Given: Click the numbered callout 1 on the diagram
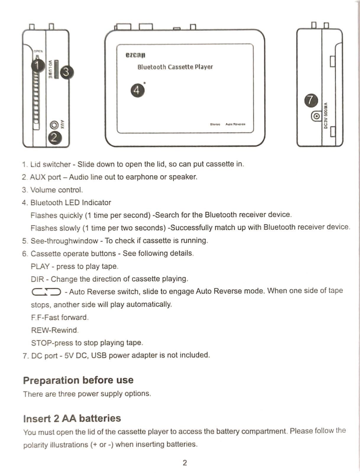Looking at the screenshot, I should [38, 65].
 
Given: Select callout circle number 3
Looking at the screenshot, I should [67, 72].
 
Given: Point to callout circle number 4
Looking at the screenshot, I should [137, 90].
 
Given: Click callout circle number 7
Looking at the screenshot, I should [311, 101].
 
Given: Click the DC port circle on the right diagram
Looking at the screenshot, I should [316, 116].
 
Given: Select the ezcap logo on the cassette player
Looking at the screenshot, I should [135, 55].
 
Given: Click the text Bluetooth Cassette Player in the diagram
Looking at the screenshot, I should [175, 67].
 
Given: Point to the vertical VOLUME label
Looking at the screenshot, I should [50, 69].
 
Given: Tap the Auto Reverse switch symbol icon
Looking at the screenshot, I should [46, 292].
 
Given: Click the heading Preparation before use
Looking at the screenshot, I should [78, 380].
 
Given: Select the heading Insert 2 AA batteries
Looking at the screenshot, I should [72, 418].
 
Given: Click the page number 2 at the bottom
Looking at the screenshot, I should [185, 463].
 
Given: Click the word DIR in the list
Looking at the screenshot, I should [37, 279].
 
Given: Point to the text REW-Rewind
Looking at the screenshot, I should [54, 330].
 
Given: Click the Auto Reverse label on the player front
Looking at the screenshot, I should [235, 124].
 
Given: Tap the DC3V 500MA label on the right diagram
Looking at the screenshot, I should [326, 116].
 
